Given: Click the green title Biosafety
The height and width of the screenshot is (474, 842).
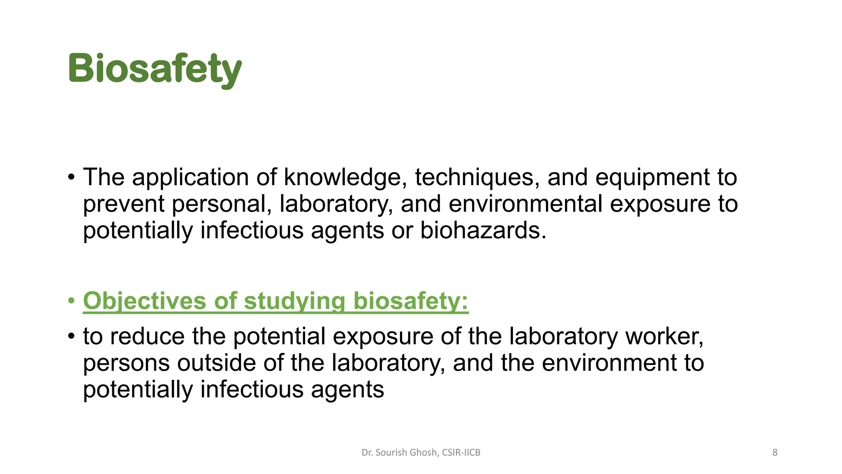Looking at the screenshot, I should pos(155,69).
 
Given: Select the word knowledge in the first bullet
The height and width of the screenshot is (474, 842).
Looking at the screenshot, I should pos(345,177).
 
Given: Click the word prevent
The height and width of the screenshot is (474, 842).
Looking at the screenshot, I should pos(124,204).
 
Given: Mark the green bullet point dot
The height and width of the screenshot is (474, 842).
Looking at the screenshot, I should pos(72,301).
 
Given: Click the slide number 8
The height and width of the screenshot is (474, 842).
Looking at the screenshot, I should pos(775,453).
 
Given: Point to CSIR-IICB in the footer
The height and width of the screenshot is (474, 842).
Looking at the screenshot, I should pos(461,453).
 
